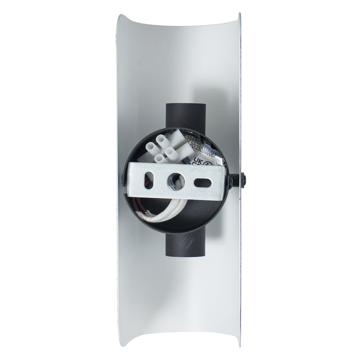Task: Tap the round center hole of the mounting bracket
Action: pyautogui.click(x=176, y=180)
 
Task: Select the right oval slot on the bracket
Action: pyautogui.click(x=204, y=182)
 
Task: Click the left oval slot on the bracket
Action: pyautogui.click(x=148, y=180)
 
